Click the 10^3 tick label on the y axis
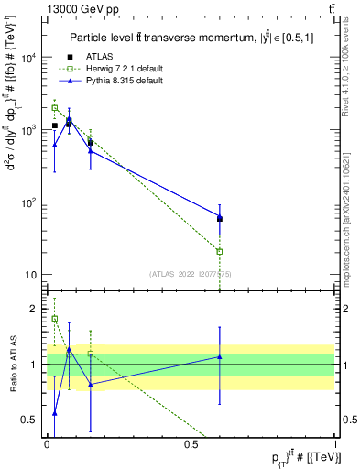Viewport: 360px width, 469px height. point(28,130)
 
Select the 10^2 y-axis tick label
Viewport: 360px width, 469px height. point(28,202)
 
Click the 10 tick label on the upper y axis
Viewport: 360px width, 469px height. point(31,275)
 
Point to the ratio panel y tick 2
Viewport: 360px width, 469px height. point(37,309)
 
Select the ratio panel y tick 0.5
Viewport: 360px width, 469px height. point(33,420)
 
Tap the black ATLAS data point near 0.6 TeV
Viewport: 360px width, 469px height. point(220,218)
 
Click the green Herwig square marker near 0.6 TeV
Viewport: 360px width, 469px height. point(220,251)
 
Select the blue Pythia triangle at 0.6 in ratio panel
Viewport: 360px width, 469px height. point(220,357)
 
